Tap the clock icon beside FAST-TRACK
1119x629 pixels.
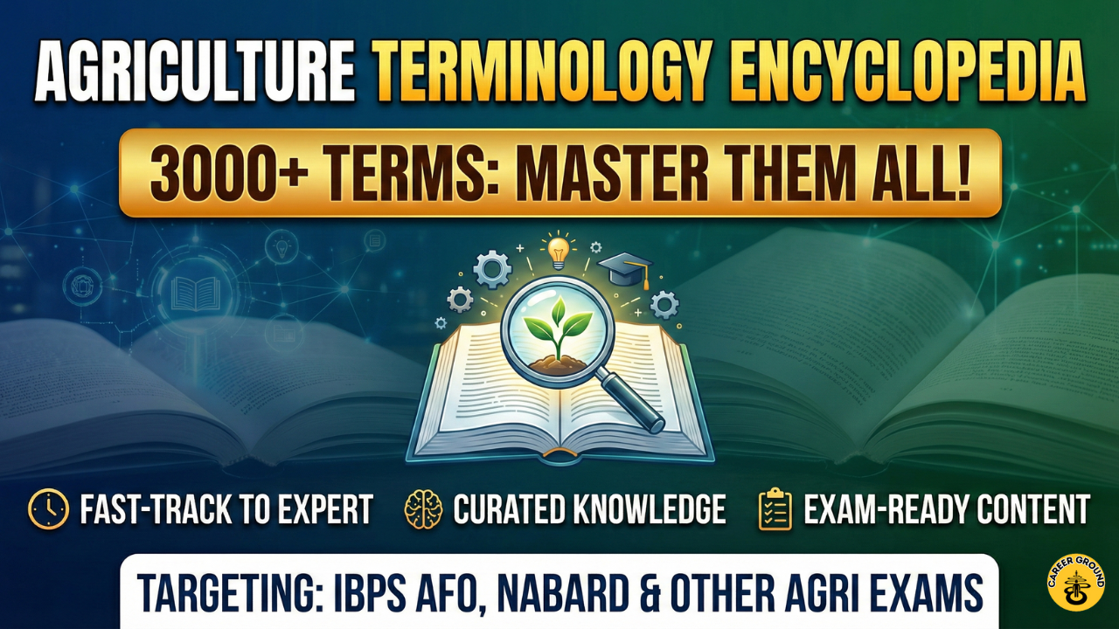(x=48, y=509)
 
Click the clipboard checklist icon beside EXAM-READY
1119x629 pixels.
(x=775, y=509)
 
